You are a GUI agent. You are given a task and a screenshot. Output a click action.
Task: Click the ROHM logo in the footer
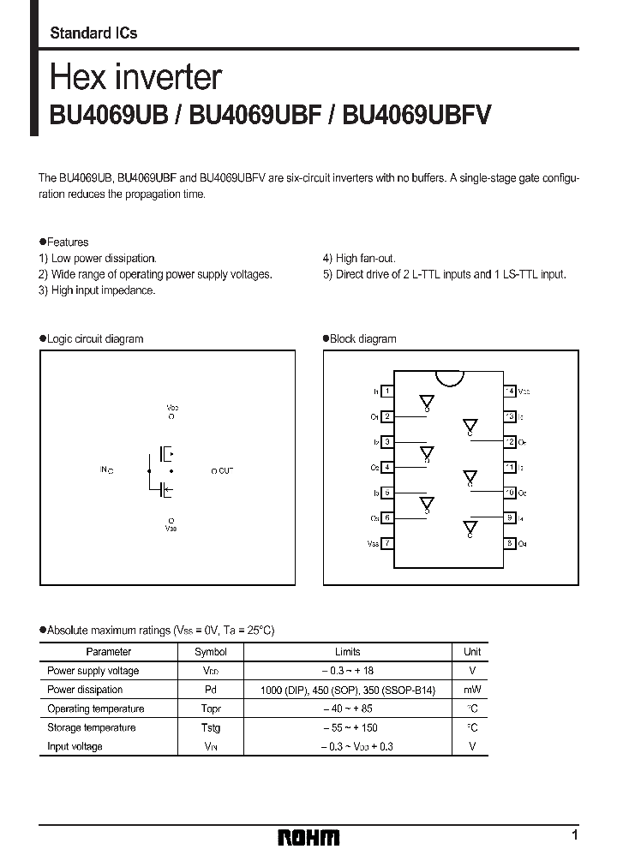308,836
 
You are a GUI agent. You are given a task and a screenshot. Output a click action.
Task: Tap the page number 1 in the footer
574,834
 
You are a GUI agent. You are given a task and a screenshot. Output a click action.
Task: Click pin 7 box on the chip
388,543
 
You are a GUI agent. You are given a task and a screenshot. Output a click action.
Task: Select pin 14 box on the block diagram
509,392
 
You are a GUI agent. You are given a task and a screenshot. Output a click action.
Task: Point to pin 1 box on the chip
388,392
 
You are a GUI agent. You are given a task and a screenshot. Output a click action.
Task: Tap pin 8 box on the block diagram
509,543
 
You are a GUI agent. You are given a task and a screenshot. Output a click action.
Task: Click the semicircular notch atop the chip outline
448,378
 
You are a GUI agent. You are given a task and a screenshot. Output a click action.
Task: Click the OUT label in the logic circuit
225,471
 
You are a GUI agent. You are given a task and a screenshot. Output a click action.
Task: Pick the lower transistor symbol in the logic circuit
166,490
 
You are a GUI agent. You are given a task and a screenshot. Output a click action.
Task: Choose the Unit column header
472,652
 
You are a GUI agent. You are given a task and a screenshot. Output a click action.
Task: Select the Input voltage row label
75,746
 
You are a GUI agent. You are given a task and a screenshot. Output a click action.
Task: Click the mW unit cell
472,690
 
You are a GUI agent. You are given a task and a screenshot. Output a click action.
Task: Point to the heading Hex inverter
136,78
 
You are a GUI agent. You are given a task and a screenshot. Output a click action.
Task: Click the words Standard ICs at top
93,33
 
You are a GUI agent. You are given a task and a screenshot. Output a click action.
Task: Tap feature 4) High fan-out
359,258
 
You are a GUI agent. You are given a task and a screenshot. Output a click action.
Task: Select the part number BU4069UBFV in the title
416,117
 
